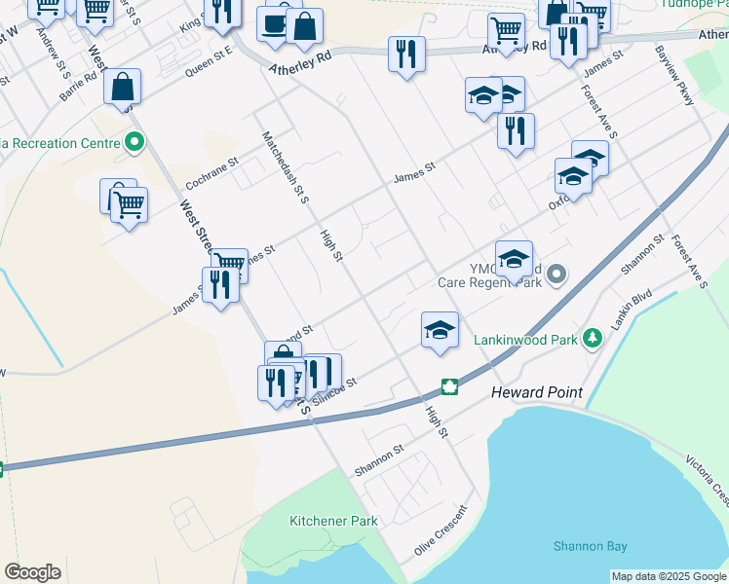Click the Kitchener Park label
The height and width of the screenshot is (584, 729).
[333, 521]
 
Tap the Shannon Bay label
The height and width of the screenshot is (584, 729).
[591, 546]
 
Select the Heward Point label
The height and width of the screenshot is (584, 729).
[536, 392]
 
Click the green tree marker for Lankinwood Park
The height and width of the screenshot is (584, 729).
[592, 339]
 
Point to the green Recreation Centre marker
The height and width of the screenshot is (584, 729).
[134, 143]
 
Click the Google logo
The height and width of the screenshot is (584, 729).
[32, 572]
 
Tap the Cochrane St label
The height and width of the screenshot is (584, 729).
[211, 172]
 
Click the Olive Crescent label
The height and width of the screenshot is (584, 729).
[441, 529]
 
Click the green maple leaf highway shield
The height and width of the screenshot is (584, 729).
[449, 387]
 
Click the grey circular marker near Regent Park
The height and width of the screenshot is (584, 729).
[556, 275]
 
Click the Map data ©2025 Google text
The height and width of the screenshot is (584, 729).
[670, 576]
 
